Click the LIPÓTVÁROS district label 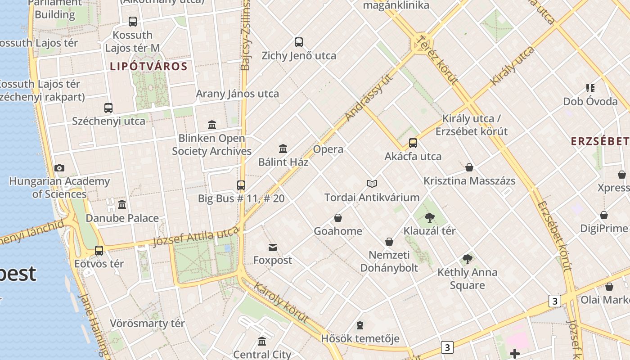(148, 67)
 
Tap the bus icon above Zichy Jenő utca (299, 42)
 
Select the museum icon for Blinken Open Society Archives (212, 125)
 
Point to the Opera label (328, 149)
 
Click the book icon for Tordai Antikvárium (372, 184)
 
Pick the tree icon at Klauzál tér (429, 218)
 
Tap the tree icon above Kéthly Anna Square (468, 259)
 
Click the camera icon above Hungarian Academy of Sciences (59, 168)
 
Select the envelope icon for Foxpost (273, 247)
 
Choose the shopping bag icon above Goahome (338, 218)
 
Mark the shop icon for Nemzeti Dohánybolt (389, 242)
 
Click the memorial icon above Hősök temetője (360, 325)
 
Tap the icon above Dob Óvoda (590, 88)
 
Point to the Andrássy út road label (369, 98)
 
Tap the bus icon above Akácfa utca (413, 143)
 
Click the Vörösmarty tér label (147, 324)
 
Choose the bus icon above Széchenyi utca (108, 108)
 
